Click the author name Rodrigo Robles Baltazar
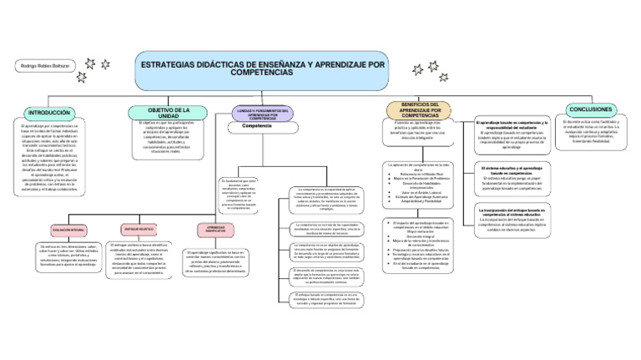pyautogui.click(x=44, y=65)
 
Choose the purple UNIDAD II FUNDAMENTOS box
pyautogui.click(x=263, y=113)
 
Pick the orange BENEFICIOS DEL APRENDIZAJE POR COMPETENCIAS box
pyautogui.click(x=420, y=109)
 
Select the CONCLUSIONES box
pyautogui.click(x=593, y=109)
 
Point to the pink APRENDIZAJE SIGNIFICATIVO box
pyautogui.click(x=215, y=228)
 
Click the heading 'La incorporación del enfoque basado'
pyautogui.click(x=512, y=213)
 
